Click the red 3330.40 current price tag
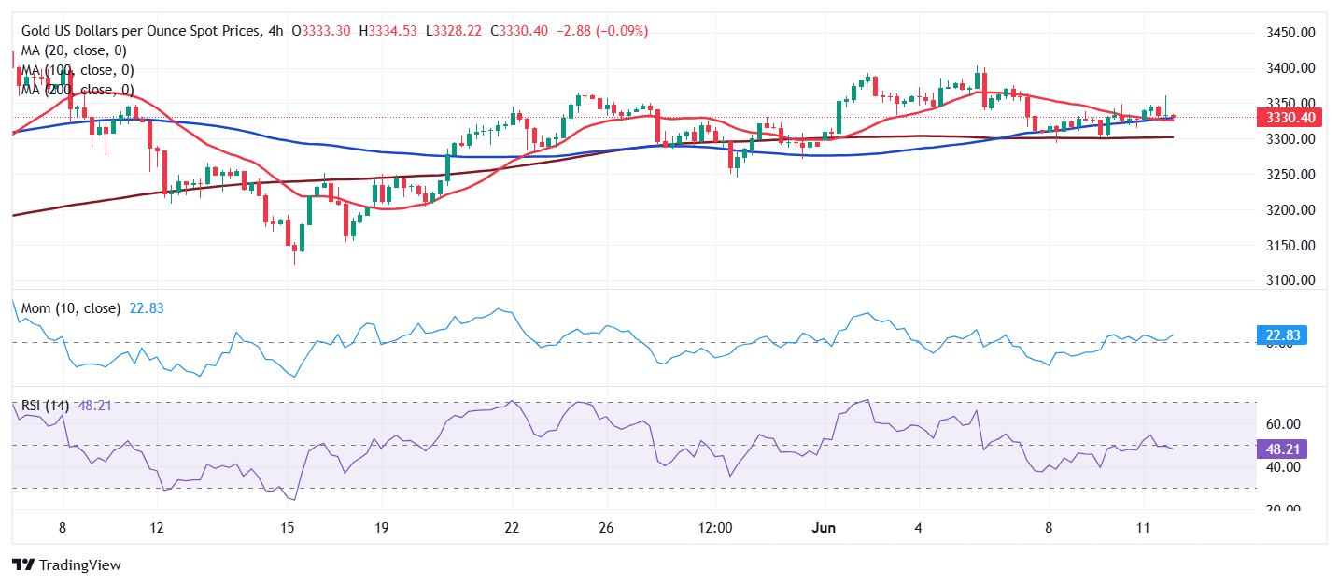[x=1285, y=118]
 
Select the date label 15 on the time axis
[x=288, y=527]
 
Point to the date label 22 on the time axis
[x=512, y=527]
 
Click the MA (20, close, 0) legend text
[x=74, y=50]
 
